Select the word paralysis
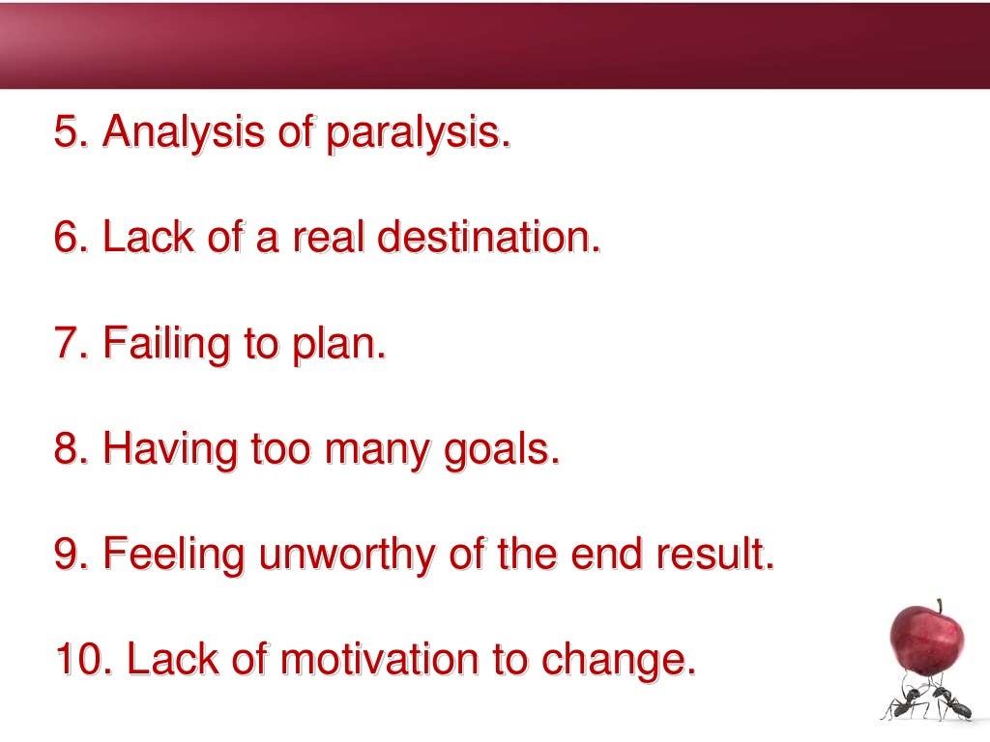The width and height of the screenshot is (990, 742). point(417,132)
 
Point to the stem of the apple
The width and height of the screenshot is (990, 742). point(938,605)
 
